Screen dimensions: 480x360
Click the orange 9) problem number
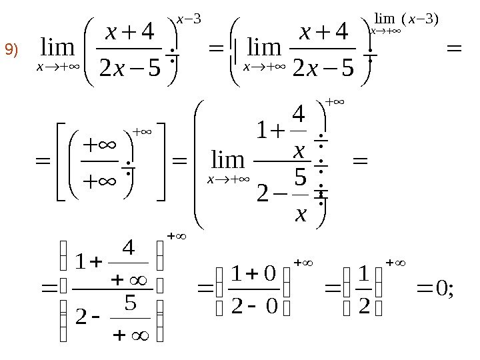pos(13,49)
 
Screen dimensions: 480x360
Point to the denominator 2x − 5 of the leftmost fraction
pos(127,69)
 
